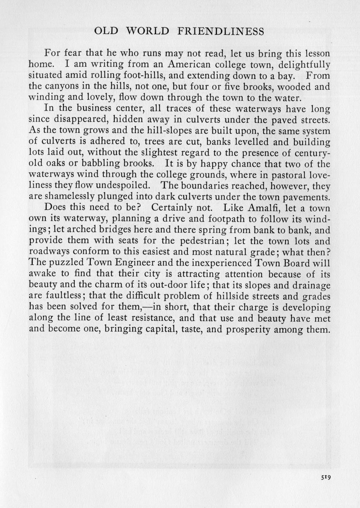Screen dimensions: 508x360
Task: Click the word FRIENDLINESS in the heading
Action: (x=220, y=31)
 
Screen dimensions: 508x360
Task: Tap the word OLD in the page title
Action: (x=106, y=31)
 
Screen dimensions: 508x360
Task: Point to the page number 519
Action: (x=326, y=477)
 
